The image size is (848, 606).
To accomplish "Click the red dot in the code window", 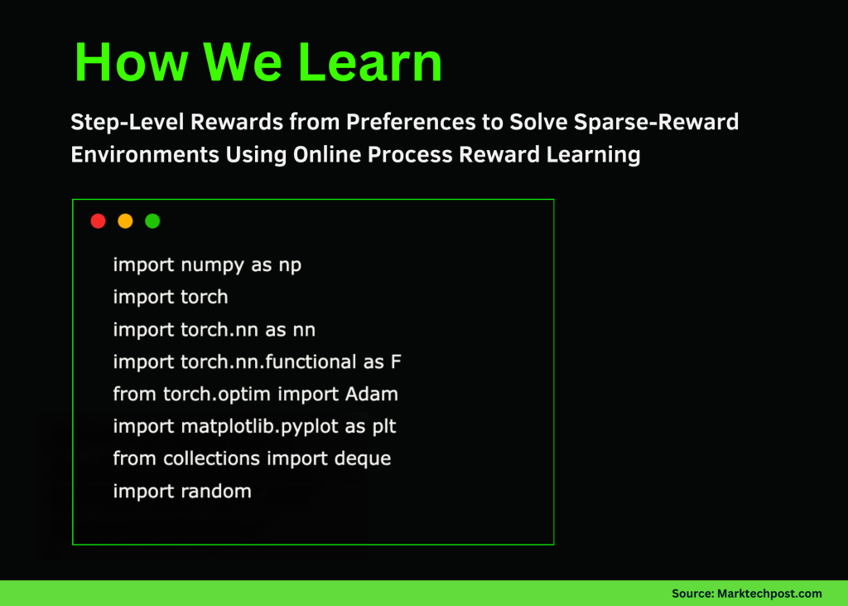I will click(98, 221).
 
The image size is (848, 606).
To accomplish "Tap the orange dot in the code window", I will click(125, 221).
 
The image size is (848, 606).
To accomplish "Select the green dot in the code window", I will click(152, 221).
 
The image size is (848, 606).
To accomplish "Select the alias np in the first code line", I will click(290, 265).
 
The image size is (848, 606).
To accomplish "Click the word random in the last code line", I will click(215, 491).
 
